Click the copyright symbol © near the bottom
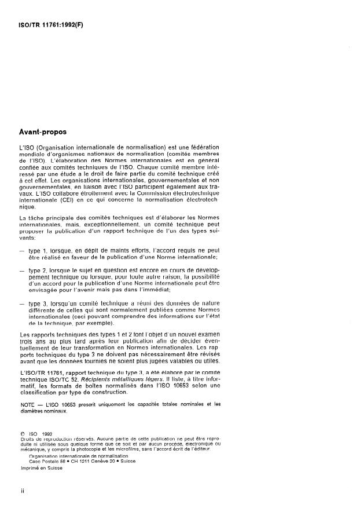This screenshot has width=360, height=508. pyautogui.click(x=22, y=432)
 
